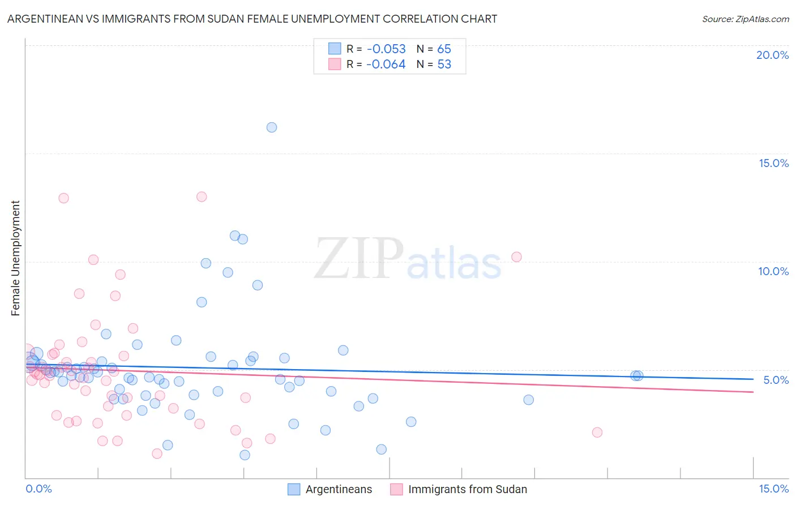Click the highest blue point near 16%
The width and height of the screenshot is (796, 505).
(x=272, y=127)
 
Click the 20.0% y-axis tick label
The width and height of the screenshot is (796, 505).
(x=772, y=55)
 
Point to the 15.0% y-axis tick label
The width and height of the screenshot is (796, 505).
(x=773, y=163)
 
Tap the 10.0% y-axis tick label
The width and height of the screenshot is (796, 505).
(x=773, y=271)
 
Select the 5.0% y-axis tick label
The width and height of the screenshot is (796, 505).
(x=776, y=380)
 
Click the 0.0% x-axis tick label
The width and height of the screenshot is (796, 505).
(x=39, y=489)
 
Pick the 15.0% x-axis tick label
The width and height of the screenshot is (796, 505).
(x=773, y=489)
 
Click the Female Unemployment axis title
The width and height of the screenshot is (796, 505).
(x=15, y=258)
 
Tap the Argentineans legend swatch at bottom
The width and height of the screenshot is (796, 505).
(x=294, y=489)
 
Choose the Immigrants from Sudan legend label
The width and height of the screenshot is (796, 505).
(x=467, y=489)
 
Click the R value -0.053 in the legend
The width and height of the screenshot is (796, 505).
(x=386, y=49)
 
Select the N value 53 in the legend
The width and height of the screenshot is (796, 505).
(x=444, y=64)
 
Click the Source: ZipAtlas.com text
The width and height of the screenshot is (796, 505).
(x=745, y=19)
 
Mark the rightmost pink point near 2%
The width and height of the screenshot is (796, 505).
(x=597, y=433)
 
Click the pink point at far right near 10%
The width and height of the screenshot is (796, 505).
(x=516, y=257)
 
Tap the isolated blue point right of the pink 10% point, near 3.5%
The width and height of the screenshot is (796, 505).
(x=528, y=400)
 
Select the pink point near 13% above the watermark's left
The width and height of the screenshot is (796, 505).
(x=202, y=197)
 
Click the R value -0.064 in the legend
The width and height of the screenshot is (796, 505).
(x=386, y=64)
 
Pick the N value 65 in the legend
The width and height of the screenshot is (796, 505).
(x=444, y=49)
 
